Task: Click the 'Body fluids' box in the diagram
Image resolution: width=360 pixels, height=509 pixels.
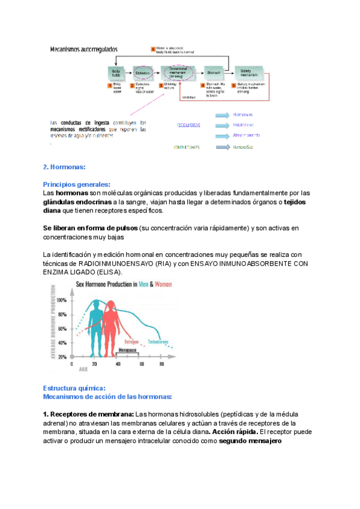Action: [x=116, y=73]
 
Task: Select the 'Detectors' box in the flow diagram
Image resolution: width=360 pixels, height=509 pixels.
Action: [x=143, y=73]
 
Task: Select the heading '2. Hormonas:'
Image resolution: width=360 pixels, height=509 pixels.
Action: [x=65, y=167]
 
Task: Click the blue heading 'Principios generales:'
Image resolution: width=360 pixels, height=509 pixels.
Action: [x=76, y=185]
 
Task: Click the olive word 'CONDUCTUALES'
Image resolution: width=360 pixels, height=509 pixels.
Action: [x=187, y=147]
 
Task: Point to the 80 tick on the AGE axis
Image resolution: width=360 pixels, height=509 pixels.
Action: [x=161, y=364]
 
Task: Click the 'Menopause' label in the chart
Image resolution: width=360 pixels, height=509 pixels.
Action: [x=127, y=349]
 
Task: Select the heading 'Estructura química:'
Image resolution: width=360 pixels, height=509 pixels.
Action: [x=74, y=388]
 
